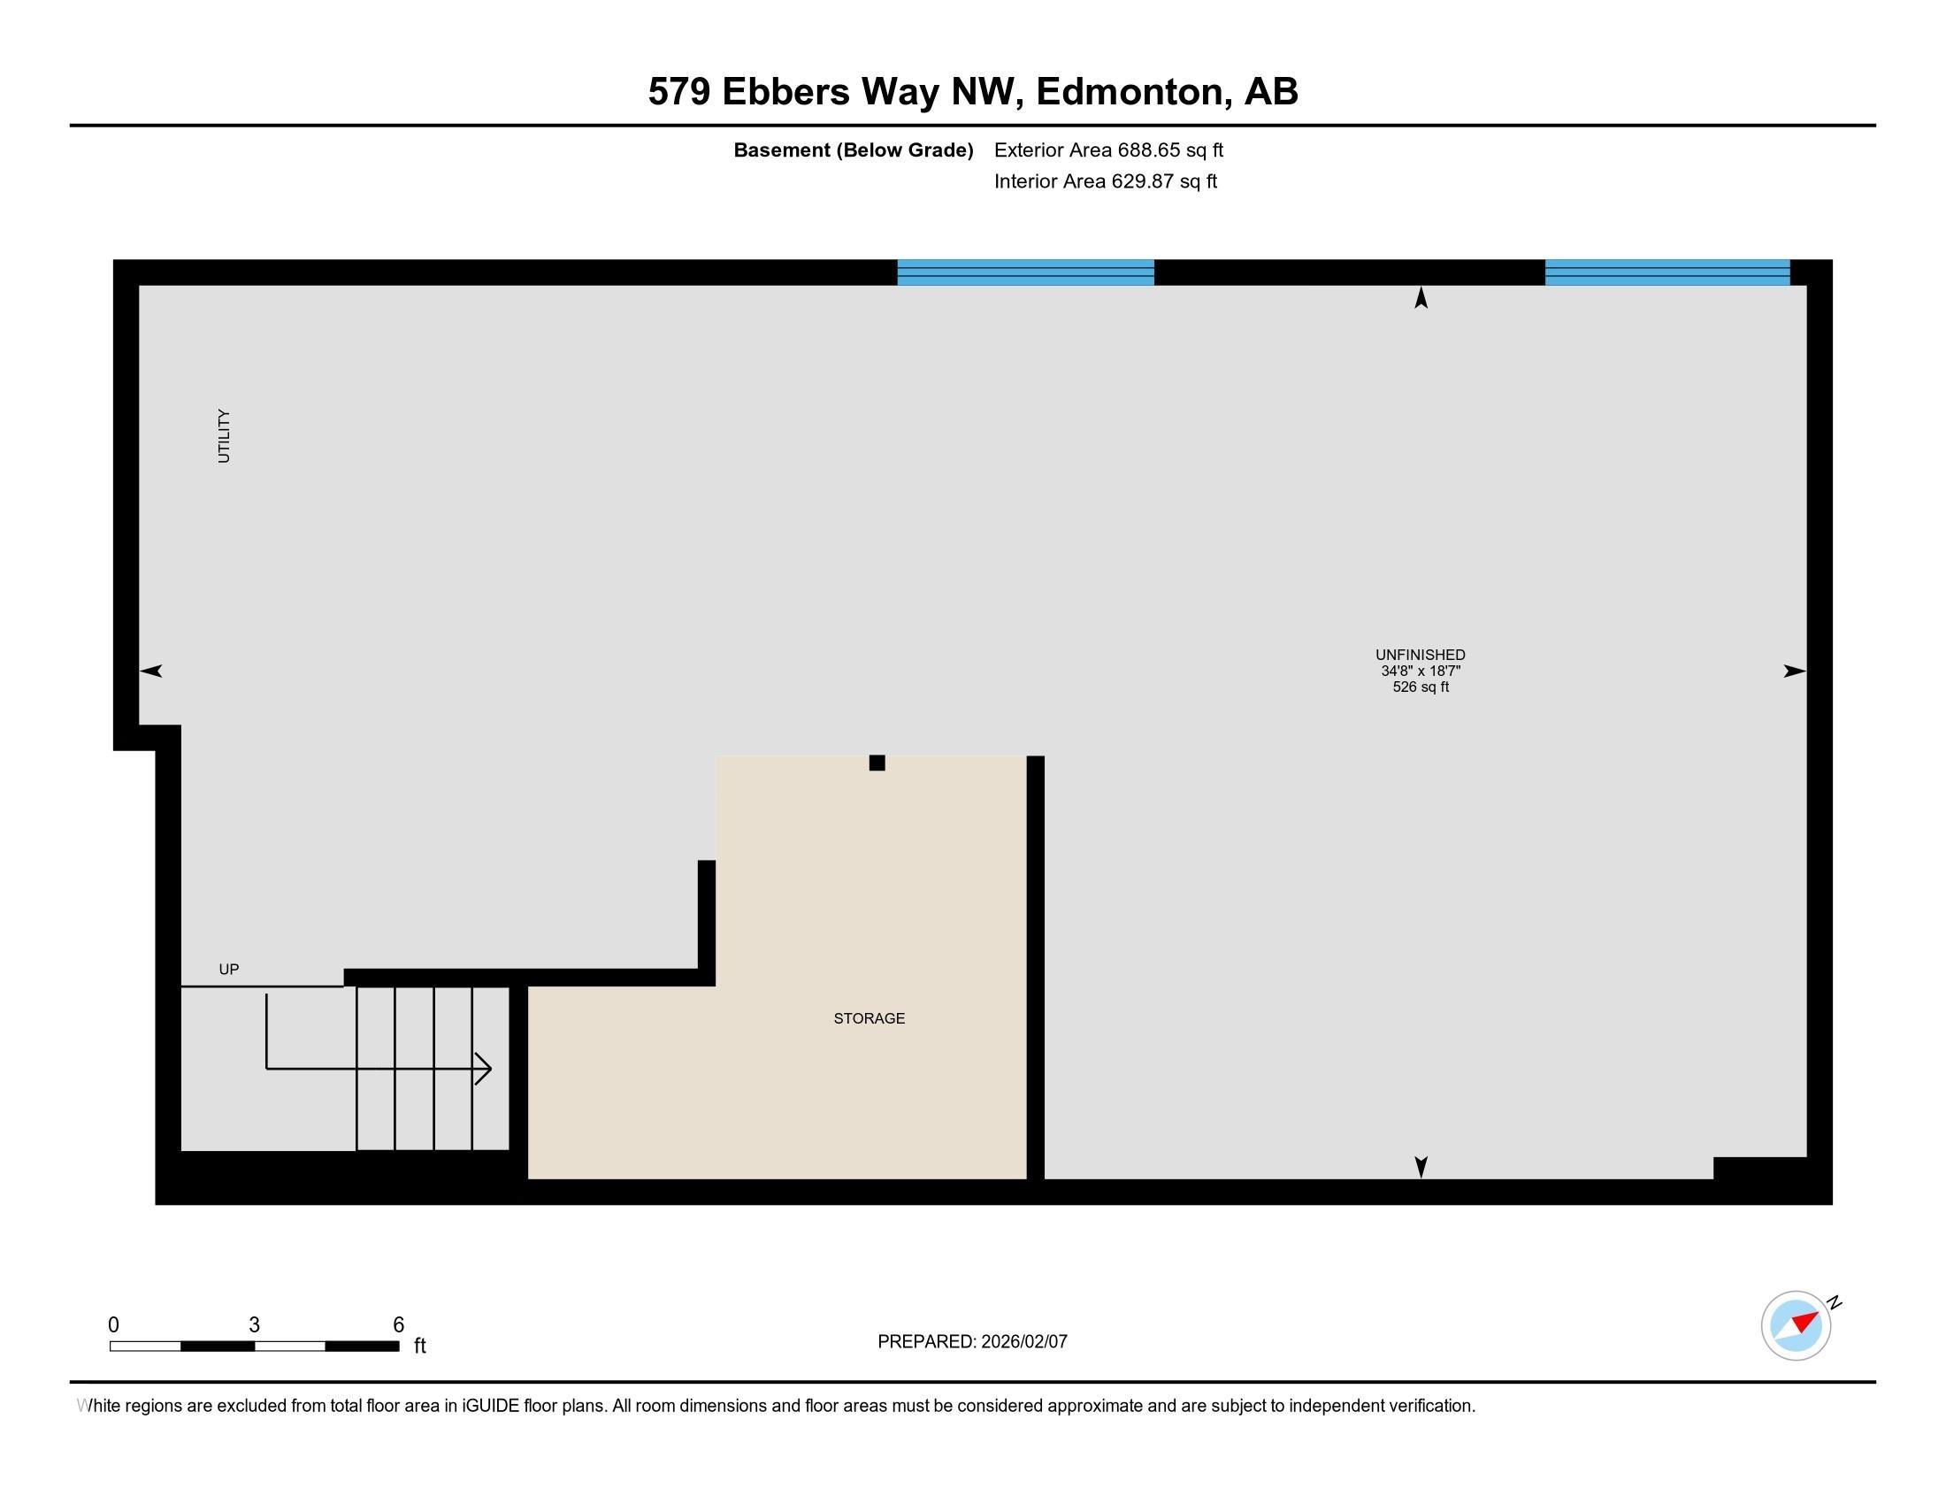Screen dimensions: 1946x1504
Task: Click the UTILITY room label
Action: click(x=224, y=436)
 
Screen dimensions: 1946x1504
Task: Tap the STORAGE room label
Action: click(x=869, y=1018)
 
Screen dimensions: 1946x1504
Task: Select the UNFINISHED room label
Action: click(x=1421, y=655)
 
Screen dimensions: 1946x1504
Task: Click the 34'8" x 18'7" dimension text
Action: click(x=1421, y=671)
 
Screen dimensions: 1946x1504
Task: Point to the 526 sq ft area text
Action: click(x=1421, y=687)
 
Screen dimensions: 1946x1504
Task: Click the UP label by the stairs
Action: click(x=229, y=970)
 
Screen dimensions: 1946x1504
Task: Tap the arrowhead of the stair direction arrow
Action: click(x=483, y=1069)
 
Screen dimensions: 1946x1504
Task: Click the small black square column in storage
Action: click(x=877, y=763)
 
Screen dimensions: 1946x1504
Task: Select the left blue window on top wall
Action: click(x=1025, y=272)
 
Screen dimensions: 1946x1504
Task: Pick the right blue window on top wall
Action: click(x=1667, y=272)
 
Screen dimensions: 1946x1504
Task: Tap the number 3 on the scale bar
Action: click(x=254, y=1325)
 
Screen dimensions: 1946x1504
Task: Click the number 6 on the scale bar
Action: click(x=398, y=1325)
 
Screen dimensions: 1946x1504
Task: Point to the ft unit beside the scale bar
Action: click(x=419, y=1346)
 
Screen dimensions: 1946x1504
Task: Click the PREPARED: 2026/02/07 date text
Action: click(x=972, y=1342)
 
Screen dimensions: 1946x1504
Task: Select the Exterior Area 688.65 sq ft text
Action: click(x=1108, y=150)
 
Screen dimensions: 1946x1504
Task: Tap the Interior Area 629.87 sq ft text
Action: click(x=1105, y=181)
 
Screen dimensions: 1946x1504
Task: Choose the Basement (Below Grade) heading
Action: click(x=853, y=150)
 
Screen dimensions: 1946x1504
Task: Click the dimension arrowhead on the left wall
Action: click(x=150, y=671)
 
